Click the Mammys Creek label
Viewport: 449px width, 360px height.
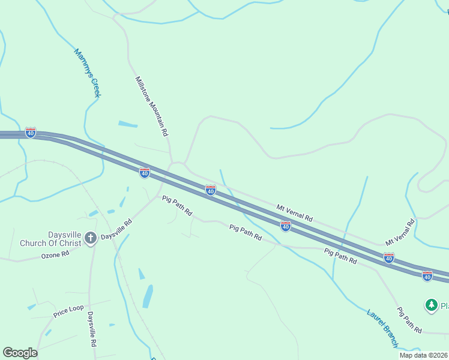tap(87, 73)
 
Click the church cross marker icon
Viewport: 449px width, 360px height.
tap(91, 238)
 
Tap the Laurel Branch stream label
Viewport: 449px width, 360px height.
tap(382, 328)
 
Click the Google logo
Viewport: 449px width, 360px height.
tap(20, 353)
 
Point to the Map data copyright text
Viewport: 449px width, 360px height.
tap(423, 355)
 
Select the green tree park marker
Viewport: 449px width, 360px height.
tap(431, 305)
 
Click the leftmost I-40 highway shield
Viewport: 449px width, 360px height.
tap(31, 133)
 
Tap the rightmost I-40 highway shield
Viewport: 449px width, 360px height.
tap(427, 276)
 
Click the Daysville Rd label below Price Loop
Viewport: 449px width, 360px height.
tap(92, 329)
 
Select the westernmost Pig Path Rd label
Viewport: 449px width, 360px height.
tap(176, 205)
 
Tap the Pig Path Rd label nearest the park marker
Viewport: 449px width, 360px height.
tap(409, 320)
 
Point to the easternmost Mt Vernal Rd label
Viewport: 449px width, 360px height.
tap(400, 232)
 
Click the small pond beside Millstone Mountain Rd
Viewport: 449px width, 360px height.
tap(127, 124)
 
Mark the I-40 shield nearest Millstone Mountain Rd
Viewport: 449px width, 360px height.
tap(145, 173)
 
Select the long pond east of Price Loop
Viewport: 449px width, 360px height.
tap(148, 296)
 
